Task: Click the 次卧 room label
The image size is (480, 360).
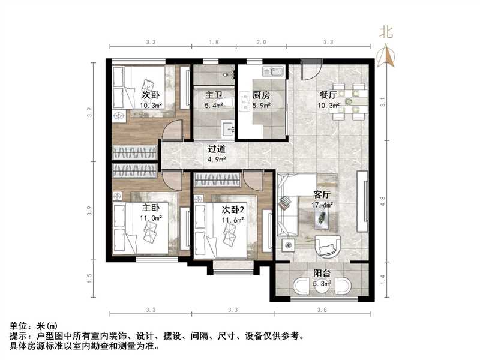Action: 151,95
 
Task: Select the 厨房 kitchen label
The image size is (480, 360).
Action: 261,95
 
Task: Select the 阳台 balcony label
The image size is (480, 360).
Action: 322,272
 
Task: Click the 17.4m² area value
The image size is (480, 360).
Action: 323,205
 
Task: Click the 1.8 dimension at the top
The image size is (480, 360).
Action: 214,43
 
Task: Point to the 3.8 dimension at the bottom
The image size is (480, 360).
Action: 322,310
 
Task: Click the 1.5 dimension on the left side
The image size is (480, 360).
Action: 89,278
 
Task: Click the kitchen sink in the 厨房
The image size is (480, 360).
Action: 276,73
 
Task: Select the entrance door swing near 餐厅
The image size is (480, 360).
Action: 310,73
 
